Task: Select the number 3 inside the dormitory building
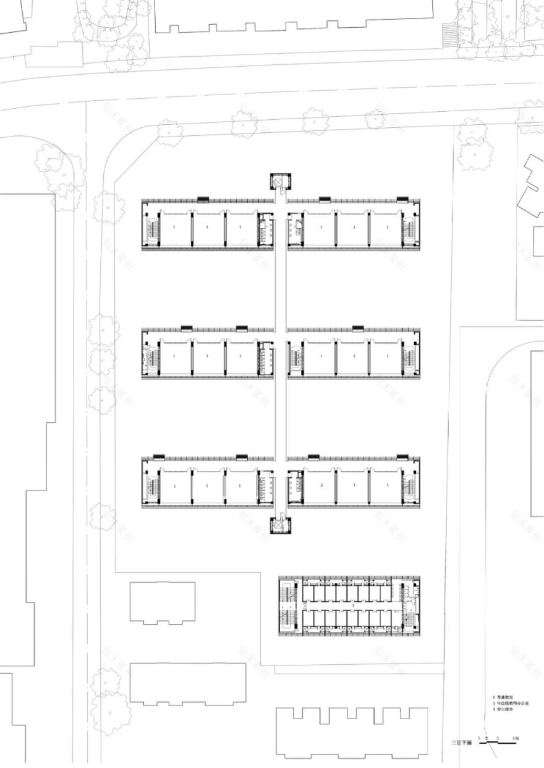pyautogui.click(x=353, y=607)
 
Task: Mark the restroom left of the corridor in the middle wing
pyautogui.click(x=265, y=358)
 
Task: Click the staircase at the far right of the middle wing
pyautogui.click(x=408, y=358)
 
